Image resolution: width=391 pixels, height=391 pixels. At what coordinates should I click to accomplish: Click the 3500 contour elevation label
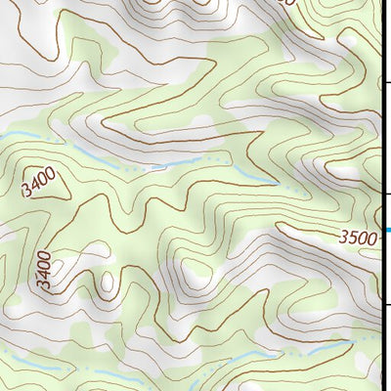click(x=357, y=237)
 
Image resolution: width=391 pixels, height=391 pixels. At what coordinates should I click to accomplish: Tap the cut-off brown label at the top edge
click(x=287, y=3)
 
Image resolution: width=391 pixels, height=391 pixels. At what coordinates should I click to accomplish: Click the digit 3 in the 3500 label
click(x=345, y=237)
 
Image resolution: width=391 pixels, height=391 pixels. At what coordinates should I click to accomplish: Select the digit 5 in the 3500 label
click(x=353, y=237)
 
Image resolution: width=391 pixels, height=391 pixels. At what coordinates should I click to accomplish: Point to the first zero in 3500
click(x=361, y=237)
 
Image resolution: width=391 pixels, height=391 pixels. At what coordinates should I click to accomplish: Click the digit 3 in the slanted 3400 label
click(x=27, y=194)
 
